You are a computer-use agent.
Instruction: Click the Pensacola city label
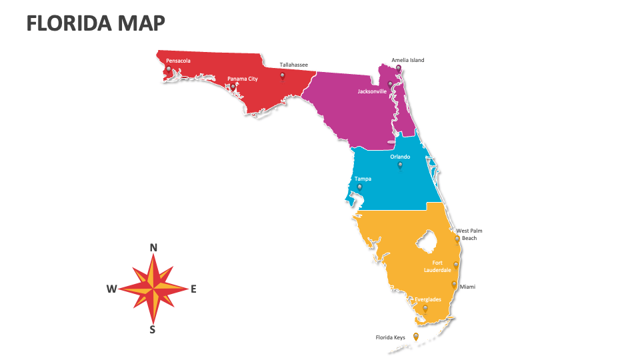(178, 61)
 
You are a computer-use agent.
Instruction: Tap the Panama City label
(242, 79)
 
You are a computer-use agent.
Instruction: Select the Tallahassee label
(293, 65)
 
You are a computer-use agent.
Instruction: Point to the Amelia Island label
(407, 60)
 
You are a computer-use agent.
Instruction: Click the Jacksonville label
(372, 91)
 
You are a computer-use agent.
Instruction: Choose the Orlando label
(400, 157)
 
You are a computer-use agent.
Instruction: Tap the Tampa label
(363, 179)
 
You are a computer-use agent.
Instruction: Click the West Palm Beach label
(469, 234)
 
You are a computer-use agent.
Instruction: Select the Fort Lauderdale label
(437, 266)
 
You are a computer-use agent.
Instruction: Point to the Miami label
(467, 287)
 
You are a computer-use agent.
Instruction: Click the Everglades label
(427, 299)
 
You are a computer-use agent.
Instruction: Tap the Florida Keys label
(390, 337)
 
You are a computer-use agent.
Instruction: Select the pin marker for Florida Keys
(416, 337)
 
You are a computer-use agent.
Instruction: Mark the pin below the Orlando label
(400, 165)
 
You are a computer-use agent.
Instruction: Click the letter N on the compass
(153, 248)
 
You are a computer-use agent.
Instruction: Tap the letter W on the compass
(111, 289)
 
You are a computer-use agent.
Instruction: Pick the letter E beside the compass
(193, 289)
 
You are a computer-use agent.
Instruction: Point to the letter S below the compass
(153, 329)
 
